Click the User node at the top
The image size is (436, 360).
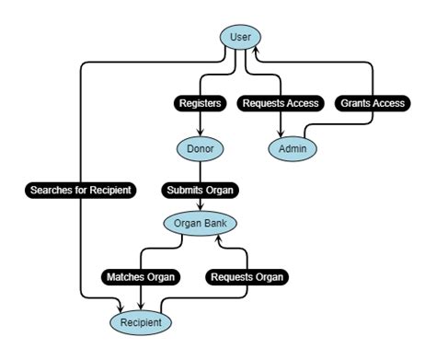241,37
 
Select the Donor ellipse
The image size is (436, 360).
200,147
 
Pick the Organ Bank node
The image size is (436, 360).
200,224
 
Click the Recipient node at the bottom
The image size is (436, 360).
141,322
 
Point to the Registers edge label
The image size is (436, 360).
200,103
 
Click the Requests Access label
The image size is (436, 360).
281,103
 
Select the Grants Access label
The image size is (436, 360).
372,103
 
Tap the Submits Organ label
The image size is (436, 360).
200,191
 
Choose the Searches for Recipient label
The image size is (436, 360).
81,191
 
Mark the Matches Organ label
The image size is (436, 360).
141,276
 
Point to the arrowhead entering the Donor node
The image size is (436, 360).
200,134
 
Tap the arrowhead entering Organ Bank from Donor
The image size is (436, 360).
200,210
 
